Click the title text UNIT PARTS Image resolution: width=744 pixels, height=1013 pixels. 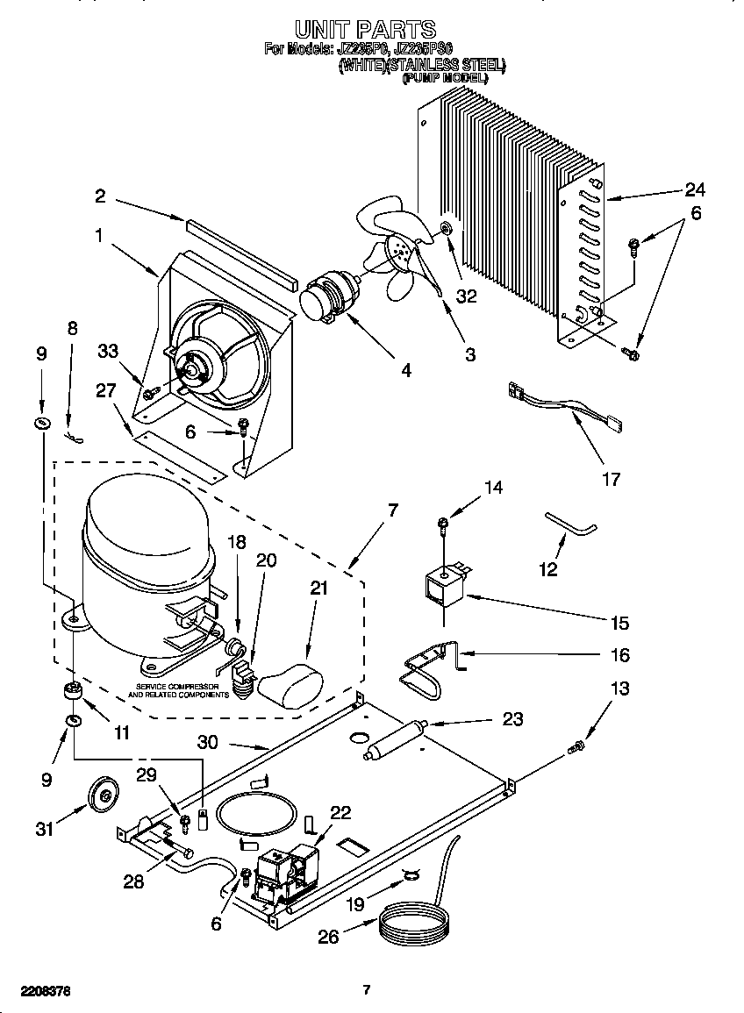click(x=365, y=30)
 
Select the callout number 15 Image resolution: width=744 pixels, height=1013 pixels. click(x=619, y=623)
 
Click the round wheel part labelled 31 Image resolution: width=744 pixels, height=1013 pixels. click(x=104, y=795)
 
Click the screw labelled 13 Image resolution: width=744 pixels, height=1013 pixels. click(x=576, y=748)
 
